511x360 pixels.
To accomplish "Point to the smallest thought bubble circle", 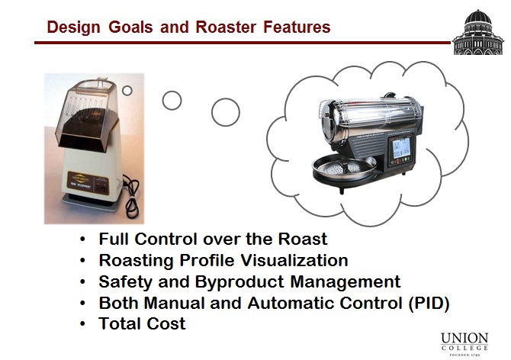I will tap(127, 90).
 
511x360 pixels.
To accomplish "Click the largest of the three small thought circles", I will tap(226, 112).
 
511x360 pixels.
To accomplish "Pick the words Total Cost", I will tap(142, 323).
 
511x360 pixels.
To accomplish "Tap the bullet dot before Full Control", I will tap(82, 239).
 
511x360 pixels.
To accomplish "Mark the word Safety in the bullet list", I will tap(124, 281).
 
